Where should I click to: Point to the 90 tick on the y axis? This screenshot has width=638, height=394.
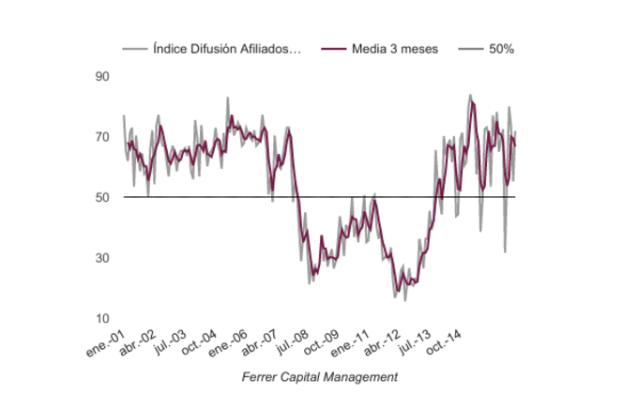pos(103,76)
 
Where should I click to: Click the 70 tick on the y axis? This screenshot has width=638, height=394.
pos(103,137)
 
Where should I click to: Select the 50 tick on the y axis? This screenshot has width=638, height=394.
pos(103,197)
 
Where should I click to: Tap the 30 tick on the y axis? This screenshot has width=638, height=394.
pos(103,258)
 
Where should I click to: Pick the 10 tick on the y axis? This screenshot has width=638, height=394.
pos(103,319)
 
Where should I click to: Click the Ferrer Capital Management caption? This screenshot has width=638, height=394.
pos(319,376)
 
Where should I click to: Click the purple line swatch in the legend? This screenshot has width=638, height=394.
pos(333,49)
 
